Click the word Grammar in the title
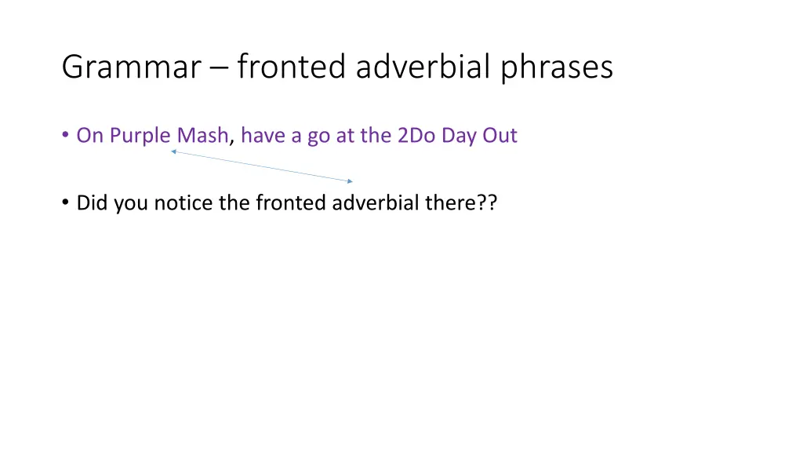[131, 67]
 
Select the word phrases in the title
[560, 67]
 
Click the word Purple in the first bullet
[140, 136]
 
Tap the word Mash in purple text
[203, 136]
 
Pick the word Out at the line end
[500, 136]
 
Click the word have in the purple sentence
[260, 136]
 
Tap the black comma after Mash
[231, 141]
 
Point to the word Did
[93, 203]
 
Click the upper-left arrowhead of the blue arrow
[173, 151]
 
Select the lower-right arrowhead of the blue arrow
[351, 181]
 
